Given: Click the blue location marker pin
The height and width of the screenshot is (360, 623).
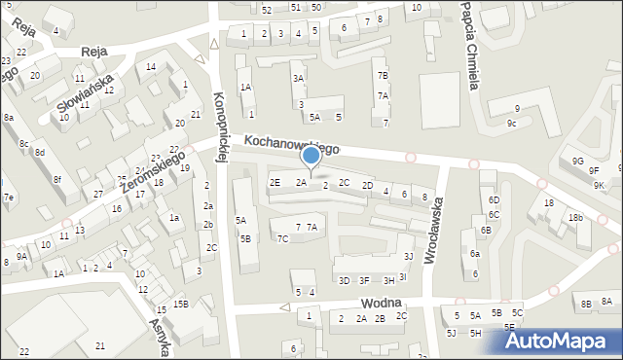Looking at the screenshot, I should [311, 157].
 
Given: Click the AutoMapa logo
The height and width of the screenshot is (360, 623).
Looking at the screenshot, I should [562, 340].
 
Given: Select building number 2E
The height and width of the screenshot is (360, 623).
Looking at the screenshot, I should [275, 182].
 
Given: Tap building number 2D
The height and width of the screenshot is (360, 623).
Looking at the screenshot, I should [367, 185].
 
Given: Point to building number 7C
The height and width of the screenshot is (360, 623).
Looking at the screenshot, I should [282, 238].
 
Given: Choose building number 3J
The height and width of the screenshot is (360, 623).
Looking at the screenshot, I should [408, 256].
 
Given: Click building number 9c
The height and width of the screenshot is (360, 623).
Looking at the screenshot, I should [511, 124].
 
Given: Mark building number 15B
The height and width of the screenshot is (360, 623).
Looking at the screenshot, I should [180, 305].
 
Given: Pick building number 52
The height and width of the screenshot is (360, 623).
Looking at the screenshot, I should [267, 9].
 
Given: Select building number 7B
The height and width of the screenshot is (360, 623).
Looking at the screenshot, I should [383, 76].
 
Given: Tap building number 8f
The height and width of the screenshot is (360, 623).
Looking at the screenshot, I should [57, 178].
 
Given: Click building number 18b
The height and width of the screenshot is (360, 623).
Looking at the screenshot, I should [576, 218].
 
